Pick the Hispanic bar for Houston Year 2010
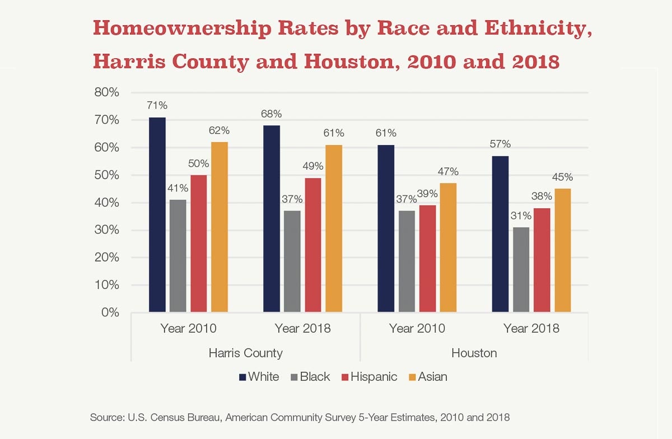[x=427, y=258]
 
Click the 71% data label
[x=157, y=106]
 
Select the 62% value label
[x=219, y=131]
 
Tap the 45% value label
[x=562, y=178]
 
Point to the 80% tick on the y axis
[x=106, y=93]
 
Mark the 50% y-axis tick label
[x=106, y=175]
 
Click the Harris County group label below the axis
[x=245, y=353]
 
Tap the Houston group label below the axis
[x=474, y=353]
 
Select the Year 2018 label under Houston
[x=531, y=329]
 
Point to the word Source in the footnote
[x=106, y=418]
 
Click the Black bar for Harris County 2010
[x=178, y=255]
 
